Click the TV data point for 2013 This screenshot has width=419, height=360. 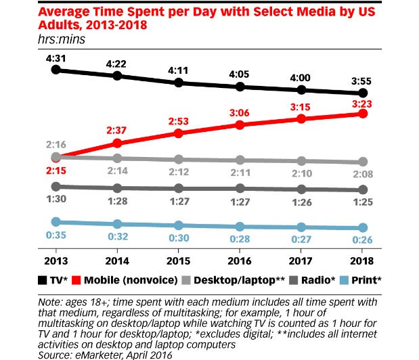[x=57, y=69]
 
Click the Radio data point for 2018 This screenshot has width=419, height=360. [x=363, y=190]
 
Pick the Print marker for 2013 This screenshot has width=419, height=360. [x=57, y=221]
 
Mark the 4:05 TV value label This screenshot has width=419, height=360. [x=241, y=76]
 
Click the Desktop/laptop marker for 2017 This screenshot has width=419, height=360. [x=302, y=161]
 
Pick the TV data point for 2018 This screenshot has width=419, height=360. [x=363, y=93]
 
